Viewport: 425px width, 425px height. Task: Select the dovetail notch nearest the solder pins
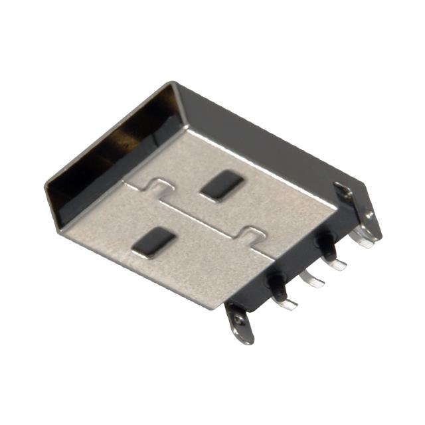tap(253, 236)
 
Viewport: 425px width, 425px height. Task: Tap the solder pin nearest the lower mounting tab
tap(286, 303)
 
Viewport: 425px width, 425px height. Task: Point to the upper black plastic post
tap(325, 244)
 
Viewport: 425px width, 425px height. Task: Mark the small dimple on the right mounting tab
tap(369, 215)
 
